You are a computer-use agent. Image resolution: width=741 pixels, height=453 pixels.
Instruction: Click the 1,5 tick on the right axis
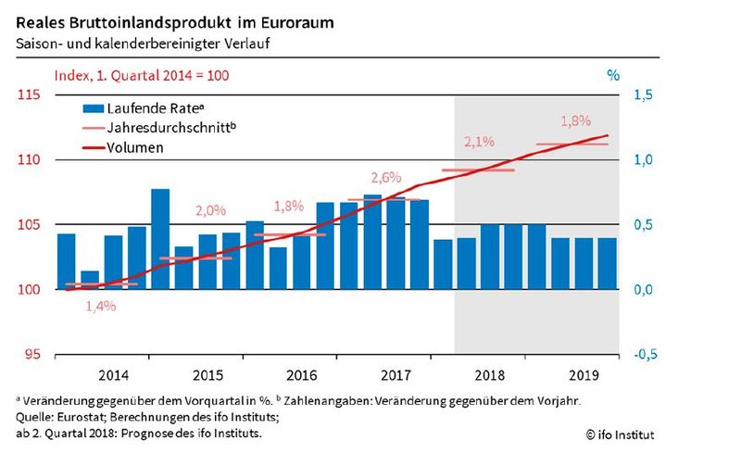643,95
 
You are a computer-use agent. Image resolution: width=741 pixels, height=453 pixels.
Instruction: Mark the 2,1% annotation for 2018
479,142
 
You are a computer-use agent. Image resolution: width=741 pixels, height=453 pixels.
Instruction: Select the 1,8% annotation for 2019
575,121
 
